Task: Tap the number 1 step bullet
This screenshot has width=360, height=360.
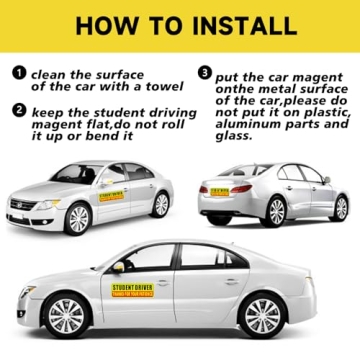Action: pos(18,73)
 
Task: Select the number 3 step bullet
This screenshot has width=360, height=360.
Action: pos(205,73)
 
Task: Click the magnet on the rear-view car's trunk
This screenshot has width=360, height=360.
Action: pos(218,190)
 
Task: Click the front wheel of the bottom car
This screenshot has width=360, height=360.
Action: pos(66,316)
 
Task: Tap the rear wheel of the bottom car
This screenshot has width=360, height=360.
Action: pos(262,316)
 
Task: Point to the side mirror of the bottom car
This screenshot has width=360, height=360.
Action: pos(118,267)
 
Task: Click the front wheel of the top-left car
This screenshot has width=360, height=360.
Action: pos(77,218)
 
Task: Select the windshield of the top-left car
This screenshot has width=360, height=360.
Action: pos(74,175)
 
